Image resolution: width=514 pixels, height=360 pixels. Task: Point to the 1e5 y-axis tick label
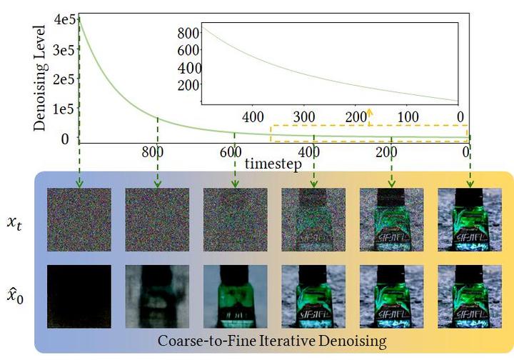64,109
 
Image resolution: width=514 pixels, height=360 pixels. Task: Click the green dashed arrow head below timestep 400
314,184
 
